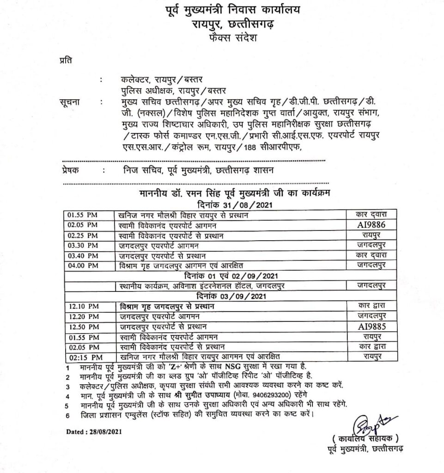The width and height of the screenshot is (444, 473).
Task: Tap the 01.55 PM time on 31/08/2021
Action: tap(83, 215)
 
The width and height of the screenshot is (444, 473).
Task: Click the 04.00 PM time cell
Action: tap(83, 266)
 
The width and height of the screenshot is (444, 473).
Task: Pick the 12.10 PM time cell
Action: tap(83, 306)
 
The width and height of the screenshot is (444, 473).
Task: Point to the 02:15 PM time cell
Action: tap(83, 357)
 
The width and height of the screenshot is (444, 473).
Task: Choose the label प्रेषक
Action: tap(69, 170)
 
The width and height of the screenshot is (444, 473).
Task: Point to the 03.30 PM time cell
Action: tap(83, 246)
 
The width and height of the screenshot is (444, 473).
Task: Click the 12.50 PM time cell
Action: tap(83, 327)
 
